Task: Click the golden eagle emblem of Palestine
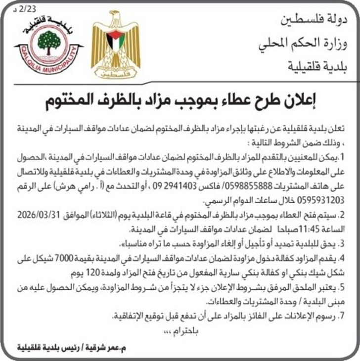pos(115,45)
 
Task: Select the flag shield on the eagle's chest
pos(115,42)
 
